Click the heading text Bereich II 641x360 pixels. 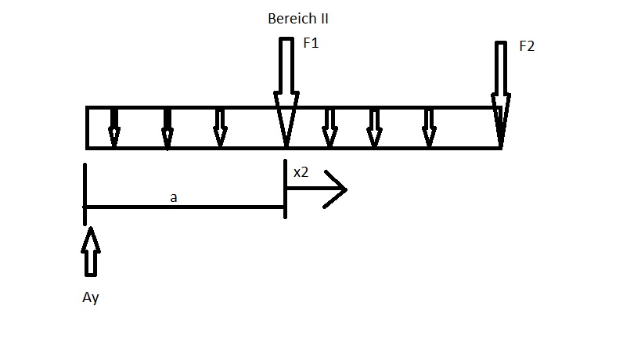(298, 19)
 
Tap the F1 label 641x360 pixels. (311, 43)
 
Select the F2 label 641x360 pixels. (527, 46)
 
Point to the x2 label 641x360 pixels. (301, 172)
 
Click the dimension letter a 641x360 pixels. (173, 198)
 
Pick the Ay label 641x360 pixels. (90, 297)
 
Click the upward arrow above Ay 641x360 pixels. (90, 252)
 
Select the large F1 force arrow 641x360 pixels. (286, 92)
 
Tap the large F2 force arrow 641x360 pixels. (501, 94)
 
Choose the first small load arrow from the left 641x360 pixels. (114, 128)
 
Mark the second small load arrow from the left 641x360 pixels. (167, 128)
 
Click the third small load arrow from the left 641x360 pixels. (221, 128)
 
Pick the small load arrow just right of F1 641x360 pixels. (330, 128)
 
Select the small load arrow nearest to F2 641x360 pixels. (429, 128)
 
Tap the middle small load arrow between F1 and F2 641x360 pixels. (374, 128)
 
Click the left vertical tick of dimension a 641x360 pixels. (85, 194)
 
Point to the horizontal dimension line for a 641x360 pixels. (185, 207)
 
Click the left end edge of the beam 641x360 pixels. (87, 128)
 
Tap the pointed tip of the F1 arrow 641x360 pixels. (286, 146)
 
